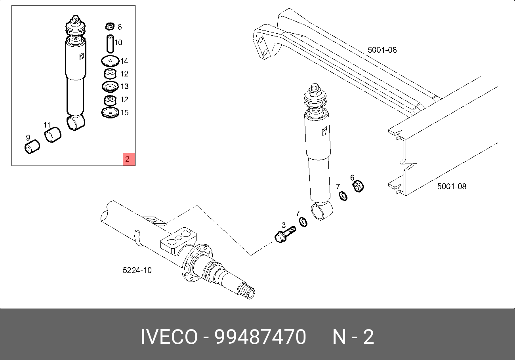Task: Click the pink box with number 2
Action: [x=129, y=159]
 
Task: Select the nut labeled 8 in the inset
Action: [x=110, y=26]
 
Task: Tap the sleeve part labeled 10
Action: [x=111, y=44]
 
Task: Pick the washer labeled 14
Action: [x=110, y=61]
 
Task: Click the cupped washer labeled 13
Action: [x=110, y=87]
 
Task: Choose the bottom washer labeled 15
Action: [x=110, y=112]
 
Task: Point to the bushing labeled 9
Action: [x=32, y=147]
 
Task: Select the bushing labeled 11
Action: [x=53, y=135]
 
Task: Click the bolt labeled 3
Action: [x=285, y=234]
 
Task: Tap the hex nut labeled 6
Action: [x=358, y=186]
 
